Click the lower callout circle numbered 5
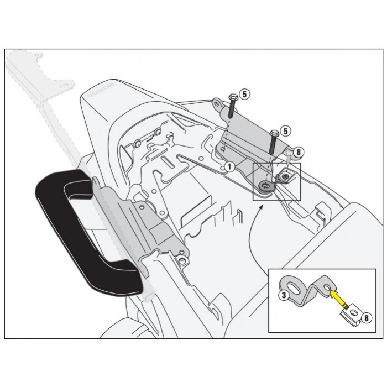[285, 131]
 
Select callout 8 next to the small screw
[299, 151]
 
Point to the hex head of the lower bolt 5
[273, 133]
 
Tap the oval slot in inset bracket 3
[297, 286]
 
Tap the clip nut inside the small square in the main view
[286, 177]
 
